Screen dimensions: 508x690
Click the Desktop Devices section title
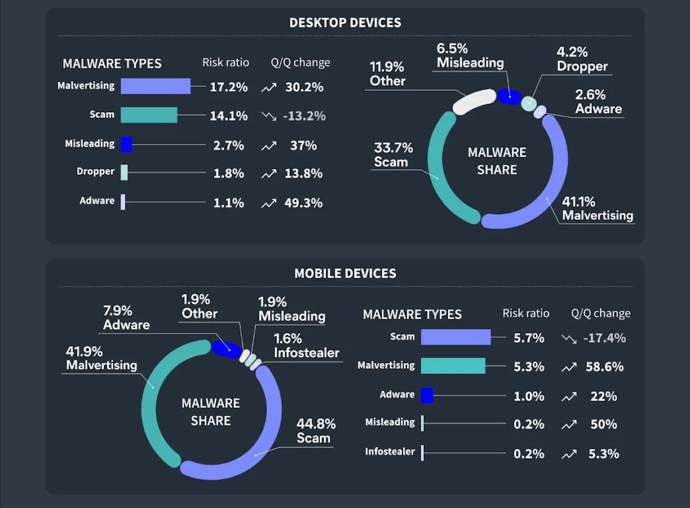(345, 23)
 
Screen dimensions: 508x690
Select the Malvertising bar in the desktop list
(155, 86)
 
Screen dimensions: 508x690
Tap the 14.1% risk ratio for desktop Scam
(229, 116)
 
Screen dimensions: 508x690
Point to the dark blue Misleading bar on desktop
(126, 144)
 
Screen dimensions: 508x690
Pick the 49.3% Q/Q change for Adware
(304, 203)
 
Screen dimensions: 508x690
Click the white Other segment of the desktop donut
(474, 102)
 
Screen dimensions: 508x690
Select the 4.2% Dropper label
(581, 59)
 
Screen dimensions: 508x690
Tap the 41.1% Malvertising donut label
(597, 209)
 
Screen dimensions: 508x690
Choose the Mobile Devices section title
(345, 273)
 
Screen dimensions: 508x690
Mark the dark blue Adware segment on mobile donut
(225, 349)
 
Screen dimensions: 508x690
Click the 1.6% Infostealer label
(306, 345)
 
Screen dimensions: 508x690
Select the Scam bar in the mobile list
(455, 337)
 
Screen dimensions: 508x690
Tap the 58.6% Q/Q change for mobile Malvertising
(604, 367)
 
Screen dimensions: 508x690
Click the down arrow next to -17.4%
(569, 339)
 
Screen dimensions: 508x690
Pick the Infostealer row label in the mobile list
(390, 452)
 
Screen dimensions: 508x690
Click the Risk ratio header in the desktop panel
(226, 62)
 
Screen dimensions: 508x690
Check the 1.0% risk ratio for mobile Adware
(529, 396)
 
